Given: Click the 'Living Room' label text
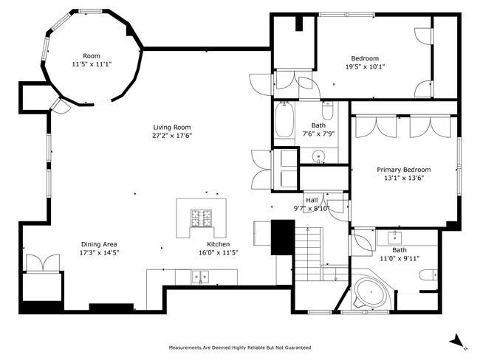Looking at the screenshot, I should tap(172, 126).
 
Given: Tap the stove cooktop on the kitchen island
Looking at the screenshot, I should tap(199, 218).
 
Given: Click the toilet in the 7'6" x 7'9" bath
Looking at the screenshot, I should tap(329, 111).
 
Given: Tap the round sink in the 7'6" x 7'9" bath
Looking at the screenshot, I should tap(319, 156).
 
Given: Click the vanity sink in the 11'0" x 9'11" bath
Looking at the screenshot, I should tap(393, 237).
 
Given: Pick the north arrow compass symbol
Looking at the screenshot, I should tap(456, 340).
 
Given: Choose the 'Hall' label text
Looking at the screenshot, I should tap(312, 199).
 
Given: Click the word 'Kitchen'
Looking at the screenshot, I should tap(218, 244).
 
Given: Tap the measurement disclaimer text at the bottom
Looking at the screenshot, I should tap(240, 347).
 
